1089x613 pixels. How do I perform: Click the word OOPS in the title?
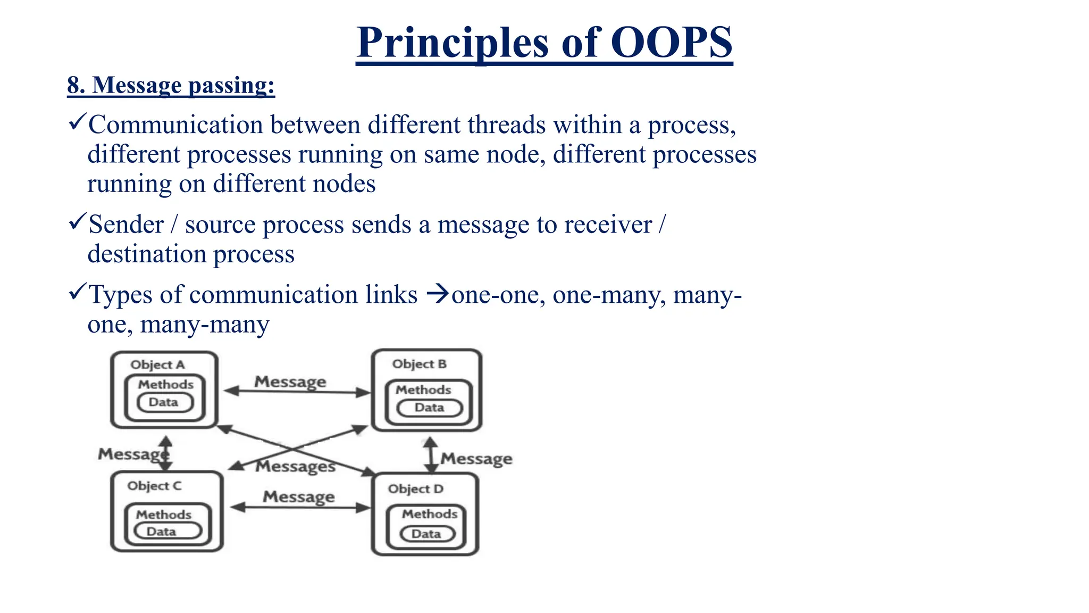[672, 43]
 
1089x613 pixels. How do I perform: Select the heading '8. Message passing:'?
[171, 85]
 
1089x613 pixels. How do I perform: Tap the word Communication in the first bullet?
[175, 125]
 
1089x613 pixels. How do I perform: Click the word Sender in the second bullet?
[126, 225]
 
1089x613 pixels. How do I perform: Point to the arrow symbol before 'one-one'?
[438, 294]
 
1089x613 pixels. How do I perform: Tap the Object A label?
[157, 365]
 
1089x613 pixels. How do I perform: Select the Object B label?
[419, 364]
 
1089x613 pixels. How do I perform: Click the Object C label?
[154, 486]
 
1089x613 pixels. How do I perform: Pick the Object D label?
[415, 489]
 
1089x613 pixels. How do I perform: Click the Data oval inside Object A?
[164, 402]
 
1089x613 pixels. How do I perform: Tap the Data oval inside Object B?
[430, 408]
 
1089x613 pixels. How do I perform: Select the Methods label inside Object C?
[163, 515]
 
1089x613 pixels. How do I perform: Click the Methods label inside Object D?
[430, 514]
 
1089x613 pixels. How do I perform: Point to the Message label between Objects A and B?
[290, 382]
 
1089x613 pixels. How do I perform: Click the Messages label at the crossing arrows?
[295, 467]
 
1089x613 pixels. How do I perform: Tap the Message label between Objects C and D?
[299, 497]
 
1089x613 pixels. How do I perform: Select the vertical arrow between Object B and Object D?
[431, 455]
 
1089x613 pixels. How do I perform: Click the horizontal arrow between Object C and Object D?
[300, 508]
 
